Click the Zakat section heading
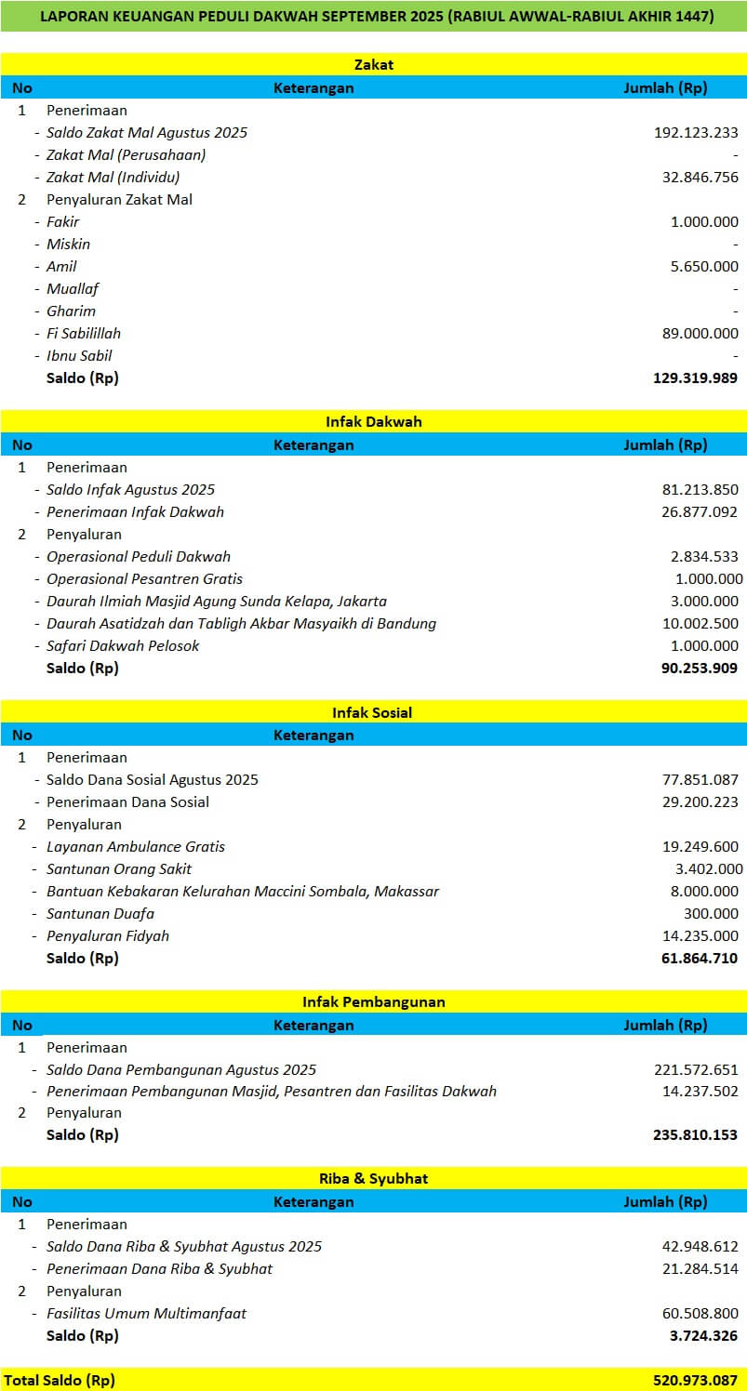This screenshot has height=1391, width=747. [374, 65]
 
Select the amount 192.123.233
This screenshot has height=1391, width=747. [696, 133]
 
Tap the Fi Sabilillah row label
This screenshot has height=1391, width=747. [84, 334]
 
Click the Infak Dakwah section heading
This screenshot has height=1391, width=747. [374, 422]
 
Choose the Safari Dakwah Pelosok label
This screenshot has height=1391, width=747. [123, 646]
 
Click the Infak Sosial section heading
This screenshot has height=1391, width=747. [372, 713]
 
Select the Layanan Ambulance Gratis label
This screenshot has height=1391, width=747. [136, 847]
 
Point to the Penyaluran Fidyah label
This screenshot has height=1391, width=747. [108, 936]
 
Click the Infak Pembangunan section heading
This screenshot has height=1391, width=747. [374, 1002]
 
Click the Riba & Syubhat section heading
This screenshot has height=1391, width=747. [374, 1179]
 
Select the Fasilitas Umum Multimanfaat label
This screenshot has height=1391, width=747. [146, 1314]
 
